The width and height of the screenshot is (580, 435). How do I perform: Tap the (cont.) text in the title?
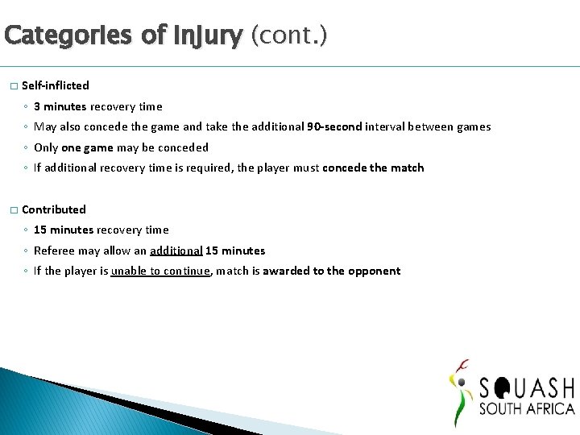[289, 35]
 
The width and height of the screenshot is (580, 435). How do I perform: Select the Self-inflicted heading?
[56, 85]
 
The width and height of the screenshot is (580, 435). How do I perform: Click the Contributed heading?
[54, 209]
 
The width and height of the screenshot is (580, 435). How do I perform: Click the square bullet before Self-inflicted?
[13, 86]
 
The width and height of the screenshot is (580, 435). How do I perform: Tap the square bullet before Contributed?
[13, 210]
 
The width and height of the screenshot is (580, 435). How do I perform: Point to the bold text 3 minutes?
[60, 106]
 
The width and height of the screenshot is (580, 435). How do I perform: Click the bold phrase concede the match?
[373, 168]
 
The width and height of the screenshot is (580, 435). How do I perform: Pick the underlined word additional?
[176, 251]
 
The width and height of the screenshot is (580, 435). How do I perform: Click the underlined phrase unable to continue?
[161, 271]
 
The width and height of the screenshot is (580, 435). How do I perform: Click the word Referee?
[54, 251]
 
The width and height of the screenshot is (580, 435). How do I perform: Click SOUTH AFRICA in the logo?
[527, 409]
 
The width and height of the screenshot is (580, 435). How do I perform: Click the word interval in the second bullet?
[385, 126]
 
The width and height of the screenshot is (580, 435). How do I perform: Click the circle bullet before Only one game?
[26, 148]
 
